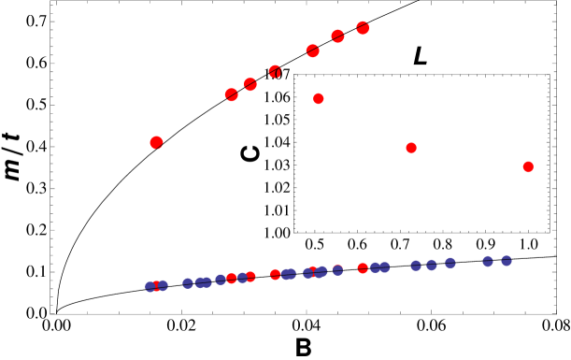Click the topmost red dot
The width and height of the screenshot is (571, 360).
click(x=363, y=28)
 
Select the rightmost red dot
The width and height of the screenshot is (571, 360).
click(x=528, y=166)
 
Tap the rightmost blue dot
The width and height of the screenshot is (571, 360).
click(x=507, y=261)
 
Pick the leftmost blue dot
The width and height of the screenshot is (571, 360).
click(x=150, y=287)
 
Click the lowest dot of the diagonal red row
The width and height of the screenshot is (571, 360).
click(x=232, y=94)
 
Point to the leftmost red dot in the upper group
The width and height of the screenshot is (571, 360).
click(x=156, y=142)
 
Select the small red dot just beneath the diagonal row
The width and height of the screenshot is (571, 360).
click(x=319, y=98)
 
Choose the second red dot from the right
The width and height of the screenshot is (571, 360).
click(x=411, y=148)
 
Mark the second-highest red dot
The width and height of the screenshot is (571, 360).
click(x=337, y=36)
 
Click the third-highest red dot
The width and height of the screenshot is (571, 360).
click(x=312, y=50)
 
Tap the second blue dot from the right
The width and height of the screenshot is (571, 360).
click(x=488, y=261)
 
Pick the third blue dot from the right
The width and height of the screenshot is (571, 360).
click(x=450, y=263)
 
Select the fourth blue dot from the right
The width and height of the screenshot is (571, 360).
click(x=432, y=265)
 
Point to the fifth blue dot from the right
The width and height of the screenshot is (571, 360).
click(x=416, y=266)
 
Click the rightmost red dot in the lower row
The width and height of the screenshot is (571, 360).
click(x=363, y=268)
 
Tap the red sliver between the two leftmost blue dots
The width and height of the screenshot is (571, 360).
click(x=156, y=285)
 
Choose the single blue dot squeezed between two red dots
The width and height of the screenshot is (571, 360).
click(x=242, y=278)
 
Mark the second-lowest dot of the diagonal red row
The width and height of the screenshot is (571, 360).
click(x=250, y=84)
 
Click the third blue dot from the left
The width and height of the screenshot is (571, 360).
click(x=188, y=283)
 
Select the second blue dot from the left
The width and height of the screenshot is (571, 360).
click(x=163, y=285)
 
